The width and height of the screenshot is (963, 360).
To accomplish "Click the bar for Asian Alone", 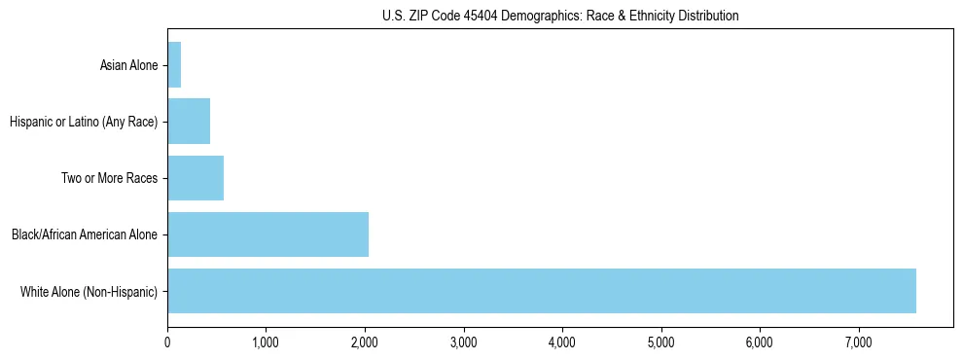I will pos(174,65).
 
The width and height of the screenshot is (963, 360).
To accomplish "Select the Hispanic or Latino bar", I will pos(189,122).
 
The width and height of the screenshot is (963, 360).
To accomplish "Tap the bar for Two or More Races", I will pos(196,178).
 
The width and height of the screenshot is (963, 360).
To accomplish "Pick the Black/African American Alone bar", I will pos(267,234).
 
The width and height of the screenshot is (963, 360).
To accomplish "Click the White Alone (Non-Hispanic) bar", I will pos(542,291).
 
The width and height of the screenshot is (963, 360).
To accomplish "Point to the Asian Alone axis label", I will pos(128,65).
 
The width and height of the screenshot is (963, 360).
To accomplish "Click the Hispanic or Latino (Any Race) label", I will pos(83,122).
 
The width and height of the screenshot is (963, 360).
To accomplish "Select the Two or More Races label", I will pos(115,178).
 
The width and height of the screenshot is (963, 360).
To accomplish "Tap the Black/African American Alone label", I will pos(84,234).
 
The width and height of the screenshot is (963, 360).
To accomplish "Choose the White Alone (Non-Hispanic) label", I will pos(89,291).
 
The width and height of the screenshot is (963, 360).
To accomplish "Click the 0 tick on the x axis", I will pos(167,342).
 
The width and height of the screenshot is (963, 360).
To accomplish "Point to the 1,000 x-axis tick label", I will pos(266,342).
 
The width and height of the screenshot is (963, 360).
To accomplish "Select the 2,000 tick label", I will pos(365,342).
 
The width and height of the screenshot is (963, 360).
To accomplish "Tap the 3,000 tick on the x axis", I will pos(464,342).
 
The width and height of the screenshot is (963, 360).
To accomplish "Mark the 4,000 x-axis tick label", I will pos(562,342).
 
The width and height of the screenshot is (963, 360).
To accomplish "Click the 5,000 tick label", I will pos(661,342).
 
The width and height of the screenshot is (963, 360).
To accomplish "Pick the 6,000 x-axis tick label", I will pos(760,342).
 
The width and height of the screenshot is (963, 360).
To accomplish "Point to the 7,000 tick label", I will pos(859,342).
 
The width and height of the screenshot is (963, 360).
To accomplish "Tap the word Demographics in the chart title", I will pos(536,16).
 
